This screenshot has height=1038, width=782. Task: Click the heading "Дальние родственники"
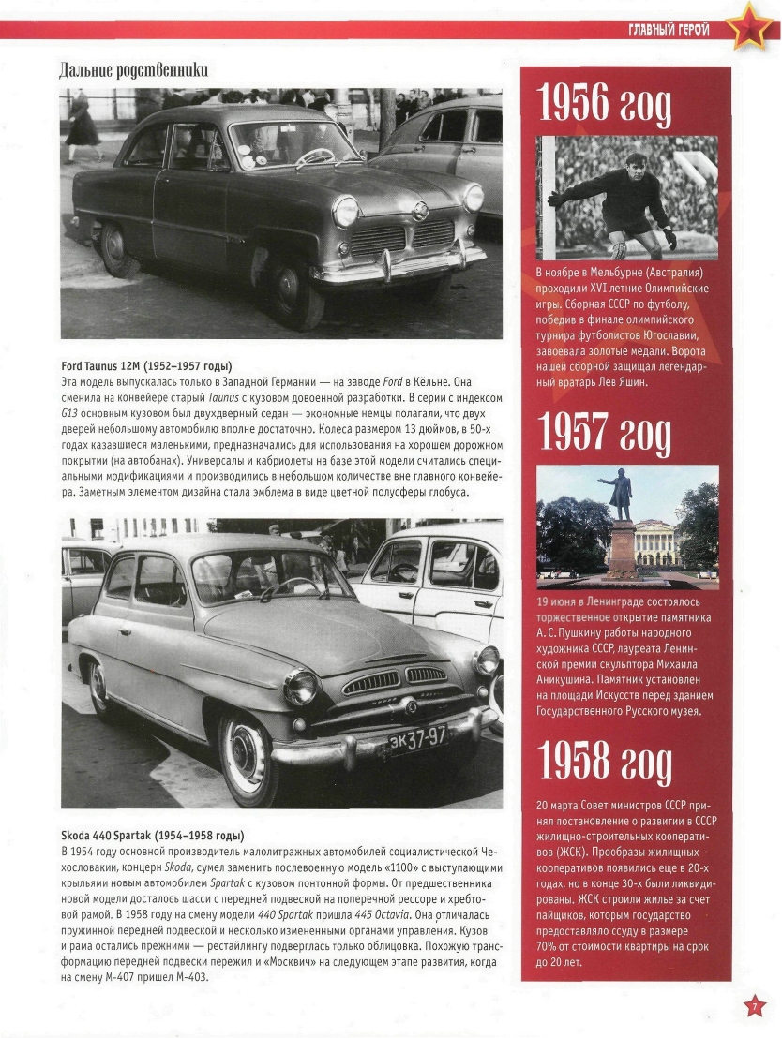pos(133,70)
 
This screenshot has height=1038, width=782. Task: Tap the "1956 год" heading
pos(606,102)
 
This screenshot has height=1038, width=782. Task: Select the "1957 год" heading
pos(606,432)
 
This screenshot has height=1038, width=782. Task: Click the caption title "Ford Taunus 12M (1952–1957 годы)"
pos(146,365)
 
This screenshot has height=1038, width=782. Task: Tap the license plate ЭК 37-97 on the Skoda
pos(417,737)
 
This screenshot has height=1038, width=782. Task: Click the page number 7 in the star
pos(755,1007)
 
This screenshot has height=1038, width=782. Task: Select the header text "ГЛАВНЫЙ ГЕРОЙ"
pos(669,30)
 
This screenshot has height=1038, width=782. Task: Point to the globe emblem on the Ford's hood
pos(419,212)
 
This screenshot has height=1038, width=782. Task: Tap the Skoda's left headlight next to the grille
pos(302,687)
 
